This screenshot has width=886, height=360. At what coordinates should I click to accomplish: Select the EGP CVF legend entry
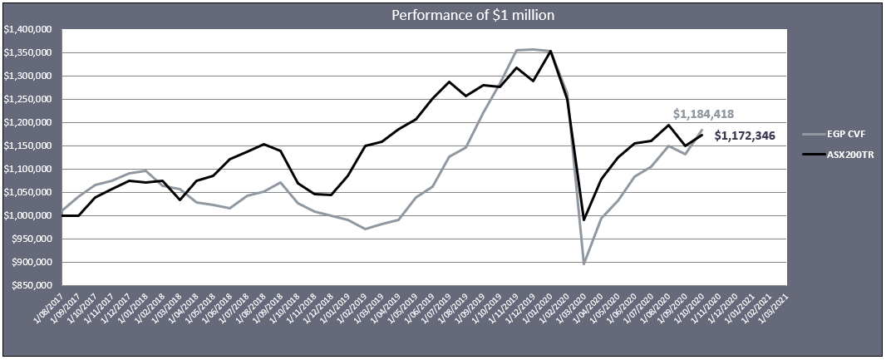(846, 132)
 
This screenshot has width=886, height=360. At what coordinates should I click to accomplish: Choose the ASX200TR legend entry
(849, 154)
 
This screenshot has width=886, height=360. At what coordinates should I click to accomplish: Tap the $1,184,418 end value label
(703, 115)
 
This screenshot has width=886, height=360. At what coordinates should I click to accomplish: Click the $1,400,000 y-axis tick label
(29, 29)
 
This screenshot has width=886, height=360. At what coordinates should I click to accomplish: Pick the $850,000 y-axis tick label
(32, 285)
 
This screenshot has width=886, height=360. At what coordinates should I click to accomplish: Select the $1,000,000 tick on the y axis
(29, 215)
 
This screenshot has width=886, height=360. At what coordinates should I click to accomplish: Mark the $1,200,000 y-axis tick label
(29, 122)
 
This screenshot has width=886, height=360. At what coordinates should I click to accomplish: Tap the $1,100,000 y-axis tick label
(29, 169)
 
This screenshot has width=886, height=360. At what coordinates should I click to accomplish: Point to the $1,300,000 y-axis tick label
(29, 76)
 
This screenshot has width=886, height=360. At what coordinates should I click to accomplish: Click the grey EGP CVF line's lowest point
(583, 264)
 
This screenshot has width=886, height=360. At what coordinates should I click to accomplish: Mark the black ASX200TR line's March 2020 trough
(583, 219)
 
